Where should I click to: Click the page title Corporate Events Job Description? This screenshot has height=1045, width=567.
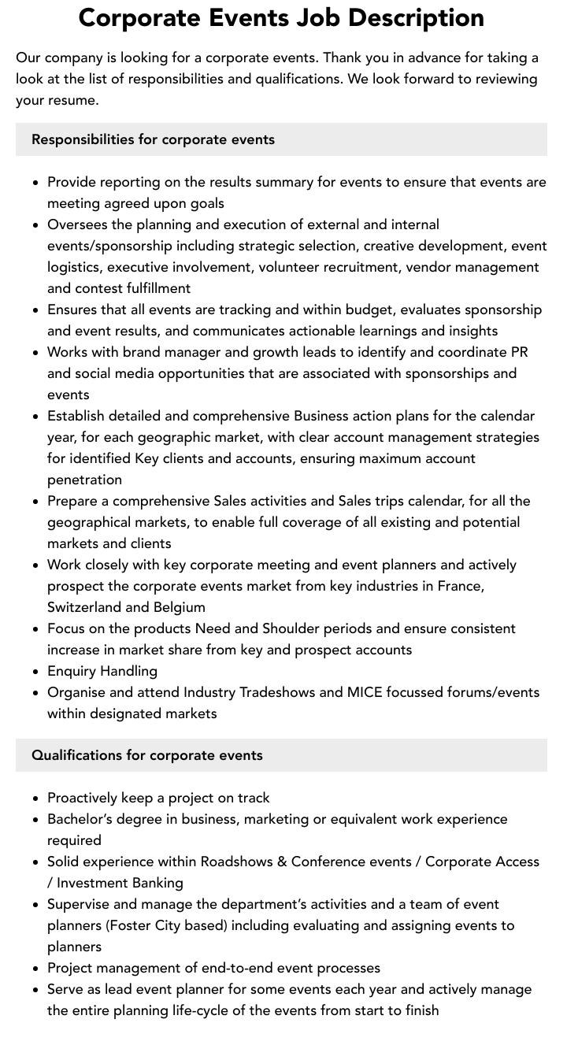[281, 17]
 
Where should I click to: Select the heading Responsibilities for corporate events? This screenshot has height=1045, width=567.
[153, 139]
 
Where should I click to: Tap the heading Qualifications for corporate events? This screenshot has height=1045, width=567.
[147, 755]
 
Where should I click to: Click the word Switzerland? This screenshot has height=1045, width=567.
[84, 607]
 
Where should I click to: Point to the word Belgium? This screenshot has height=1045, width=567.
[180, 607]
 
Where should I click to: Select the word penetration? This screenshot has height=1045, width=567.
[84, 480]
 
